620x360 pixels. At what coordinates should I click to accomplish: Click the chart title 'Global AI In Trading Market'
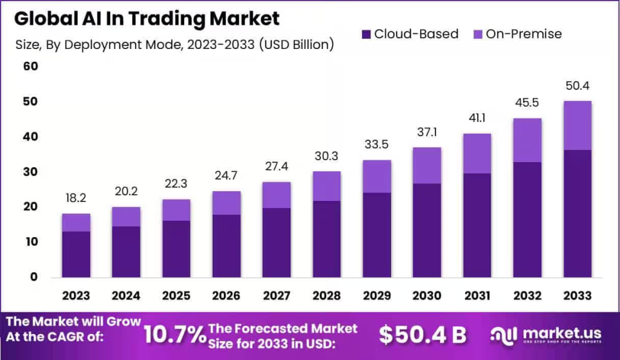point(147,19)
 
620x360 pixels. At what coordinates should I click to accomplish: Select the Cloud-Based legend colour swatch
point(365,34)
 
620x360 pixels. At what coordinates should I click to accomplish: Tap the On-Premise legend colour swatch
point(477,34)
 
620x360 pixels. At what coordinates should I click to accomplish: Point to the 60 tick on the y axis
point(30,67)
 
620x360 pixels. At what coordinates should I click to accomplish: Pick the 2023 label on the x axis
point(76,296)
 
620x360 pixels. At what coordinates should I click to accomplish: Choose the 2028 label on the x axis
point(326,296)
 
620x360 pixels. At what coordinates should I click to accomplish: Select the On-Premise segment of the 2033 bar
point(577,125)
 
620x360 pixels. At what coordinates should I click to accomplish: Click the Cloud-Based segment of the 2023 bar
point(76,254)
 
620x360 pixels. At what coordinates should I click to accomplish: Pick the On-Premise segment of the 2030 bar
point(426,165)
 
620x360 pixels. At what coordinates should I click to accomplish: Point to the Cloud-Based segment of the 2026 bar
point(226,246)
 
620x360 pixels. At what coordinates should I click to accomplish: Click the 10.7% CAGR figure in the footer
point(174,334)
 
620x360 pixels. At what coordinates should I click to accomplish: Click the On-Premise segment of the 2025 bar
point(176,210)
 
